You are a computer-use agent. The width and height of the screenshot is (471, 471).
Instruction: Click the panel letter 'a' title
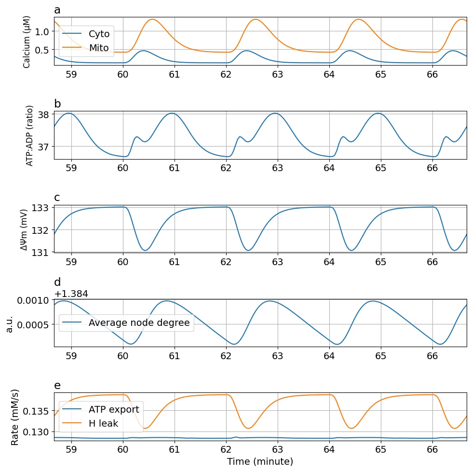(x=57, y=10)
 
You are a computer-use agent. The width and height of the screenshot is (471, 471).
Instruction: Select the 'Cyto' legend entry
(x=99, y=34)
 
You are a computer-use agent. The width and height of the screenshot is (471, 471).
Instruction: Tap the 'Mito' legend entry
(x=99, y=48)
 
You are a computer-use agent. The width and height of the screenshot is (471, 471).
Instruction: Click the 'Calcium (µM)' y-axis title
(x=27, y=41)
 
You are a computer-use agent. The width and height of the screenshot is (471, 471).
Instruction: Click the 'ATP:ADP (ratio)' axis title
(x=30, y=135)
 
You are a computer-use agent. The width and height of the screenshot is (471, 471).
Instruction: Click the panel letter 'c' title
(x=57, y=198)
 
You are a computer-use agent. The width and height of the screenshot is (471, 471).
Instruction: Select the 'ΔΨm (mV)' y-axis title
(x=24, y=229)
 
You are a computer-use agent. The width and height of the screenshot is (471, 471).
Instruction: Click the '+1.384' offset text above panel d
(x=71, y=294)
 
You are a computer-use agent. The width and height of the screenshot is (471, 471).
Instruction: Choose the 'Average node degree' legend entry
(x=139, y=323)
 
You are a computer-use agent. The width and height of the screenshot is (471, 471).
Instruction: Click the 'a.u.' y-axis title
(x=10, y=323)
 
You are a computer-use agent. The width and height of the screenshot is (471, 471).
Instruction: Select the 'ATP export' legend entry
(x=114, y=409)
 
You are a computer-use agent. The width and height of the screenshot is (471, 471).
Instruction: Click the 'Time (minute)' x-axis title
(x=260, y=461)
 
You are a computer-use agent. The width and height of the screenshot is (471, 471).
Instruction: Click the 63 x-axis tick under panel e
(x=277, y=450)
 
